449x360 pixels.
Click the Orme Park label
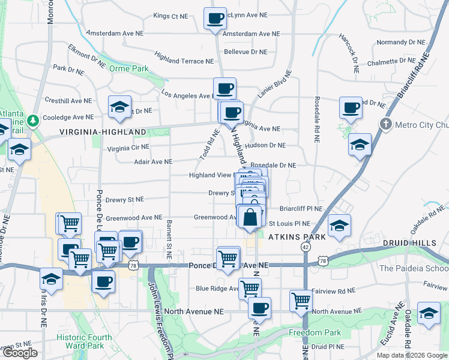128,68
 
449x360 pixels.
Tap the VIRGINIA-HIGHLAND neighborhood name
103,131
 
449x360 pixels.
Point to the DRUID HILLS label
418,242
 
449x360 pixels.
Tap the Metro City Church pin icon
386,124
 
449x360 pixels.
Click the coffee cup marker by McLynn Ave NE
214,18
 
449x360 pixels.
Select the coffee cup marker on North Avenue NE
259,308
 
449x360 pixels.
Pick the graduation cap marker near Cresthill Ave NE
119,107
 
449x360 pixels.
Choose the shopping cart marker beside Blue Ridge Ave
250,289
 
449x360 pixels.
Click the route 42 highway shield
306,247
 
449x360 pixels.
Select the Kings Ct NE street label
170,16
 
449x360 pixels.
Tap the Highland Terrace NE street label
184,61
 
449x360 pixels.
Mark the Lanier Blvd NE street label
275,85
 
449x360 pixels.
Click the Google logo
20,353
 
